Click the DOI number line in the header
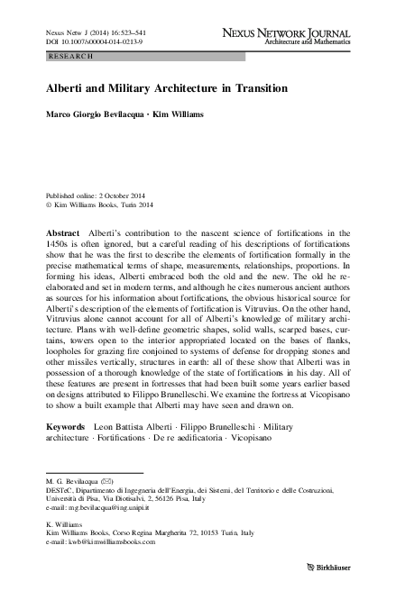(84, 41)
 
